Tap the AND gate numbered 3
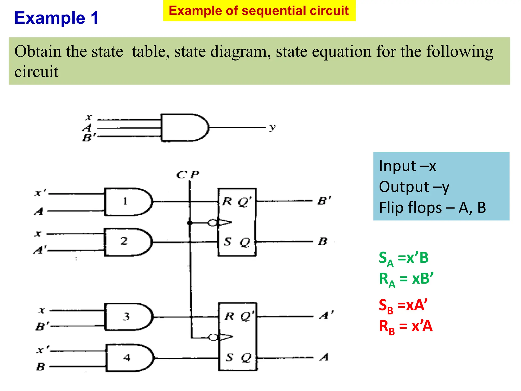pos(128,317)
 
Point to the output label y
pos(272,127)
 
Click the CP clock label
pos(188,175)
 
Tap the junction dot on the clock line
pos(190,223)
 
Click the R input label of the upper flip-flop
pos(227,201)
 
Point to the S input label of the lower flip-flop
pos(229,357)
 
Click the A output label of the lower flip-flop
pos(324,357)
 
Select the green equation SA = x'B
pos(403,258)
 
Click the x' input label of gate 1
pos(40,192)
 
